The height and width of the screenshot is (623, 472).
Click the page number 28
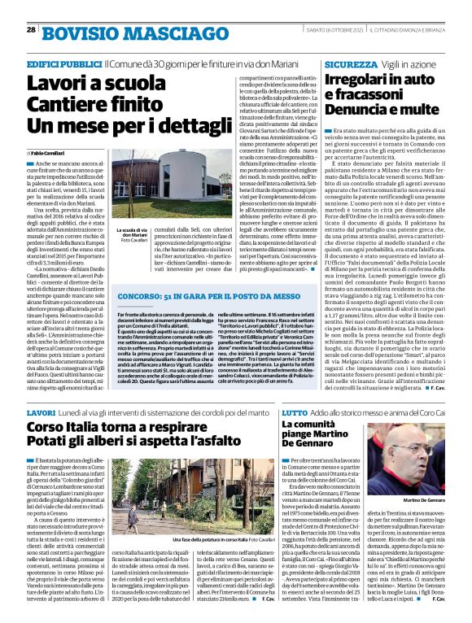(x=30, y=30)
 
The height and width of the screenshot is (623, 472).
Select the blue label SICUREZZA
(x=349, y=63)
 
